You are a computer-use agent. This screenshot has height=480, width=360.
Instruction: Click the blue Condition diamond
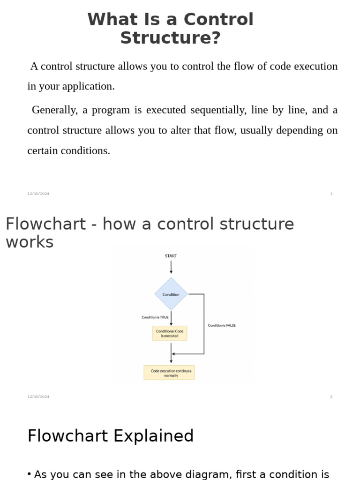(x=171, y=294)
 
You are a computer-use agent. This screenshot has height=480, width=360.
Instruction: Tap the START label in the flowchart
(x=171, y=256)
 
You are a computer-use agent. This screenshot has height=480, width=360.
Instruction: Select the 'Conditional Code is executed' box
(x=170, y=333)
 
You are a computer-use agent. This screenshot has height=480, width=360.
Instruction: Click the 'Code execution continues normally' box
(x=169, y=373)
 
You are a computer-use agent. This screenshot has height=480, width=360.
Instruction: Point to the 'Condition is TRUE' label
(x=155, y=317)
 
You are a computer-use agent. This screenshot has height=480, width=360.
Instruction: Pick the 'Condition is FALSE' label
(x=222, y=325)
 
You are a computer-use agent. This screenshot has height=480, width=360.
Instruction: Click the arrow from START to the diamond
(x=171, y=267)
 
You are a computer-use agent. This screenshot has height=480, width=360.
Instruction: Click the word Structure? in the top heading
(x=170, y=38)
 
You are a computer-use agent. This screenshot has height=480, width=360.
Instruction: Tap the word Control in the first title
(x=218, y=20)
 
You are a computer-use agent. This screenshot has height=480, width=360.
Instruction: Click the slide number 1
(x=331, y=194)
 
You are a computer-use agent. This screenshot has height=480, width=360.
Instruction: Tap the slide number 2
(x=331, y=397)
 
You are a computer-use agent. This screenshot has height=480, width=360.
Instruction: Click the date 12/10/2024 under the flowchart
(x=38, y=397)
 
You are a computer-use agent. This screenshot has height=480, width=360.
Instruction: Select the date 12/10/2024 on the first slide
(x=38, y=194)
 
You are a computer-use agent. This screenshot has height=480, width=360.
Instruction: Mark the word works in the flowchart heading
(x=30, y=242)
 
